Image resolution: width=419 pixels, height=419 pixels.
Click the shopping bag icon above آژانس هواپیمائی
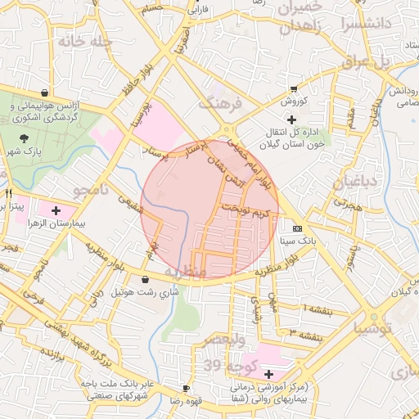click(x=43, y=93)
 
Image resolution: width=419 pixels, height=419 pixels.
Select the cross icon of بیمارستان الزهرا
click(x=56, y=210)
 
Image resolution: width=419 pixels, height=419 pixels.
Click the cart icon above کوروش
click(x=294, y=89)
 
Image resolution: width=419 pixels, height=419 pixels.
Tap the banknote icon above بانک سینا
click(x=297, y=228)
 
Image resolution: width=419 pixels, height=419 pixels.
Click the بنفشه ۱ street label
click(x=316, y=308)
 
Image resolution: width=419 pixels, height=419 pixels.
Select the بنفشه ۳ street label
click(x=304, y=332)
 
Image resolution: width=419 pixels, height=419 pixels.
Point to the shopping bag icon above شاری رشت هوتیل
click(x=146, y=280)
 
